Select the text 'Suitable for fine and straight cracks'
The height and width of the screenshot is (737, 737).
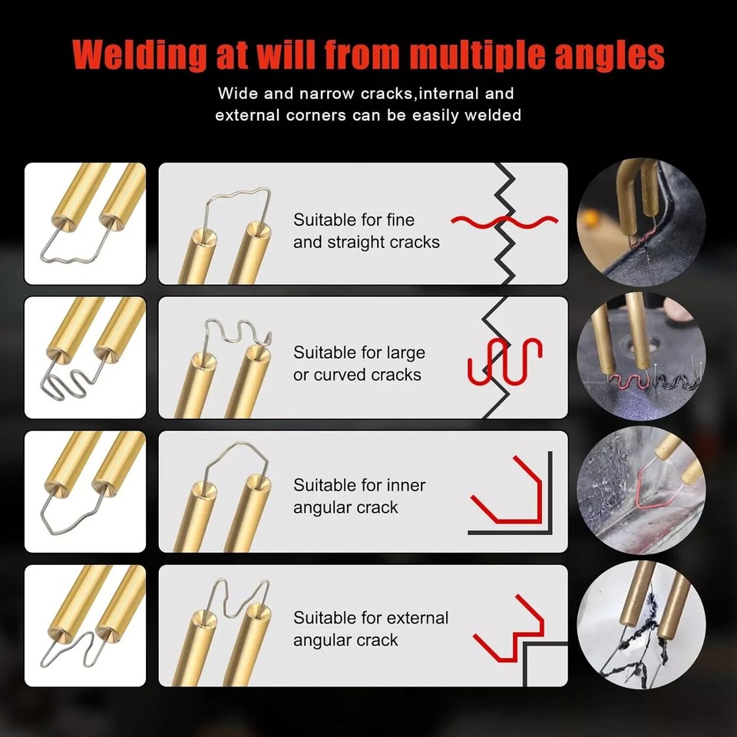click(x=366, y=231)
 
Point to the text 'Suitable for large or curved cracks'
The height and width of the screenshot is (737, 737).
click(x=359, y=364)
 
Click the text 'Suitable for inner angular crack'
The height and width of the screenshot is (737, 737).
click(x=359, y=496)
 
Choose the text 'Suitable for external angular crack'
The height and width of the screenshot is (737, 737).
click(x=371, y=629)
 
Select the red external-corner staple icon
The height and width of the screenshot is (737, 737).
click(x=507, y=627)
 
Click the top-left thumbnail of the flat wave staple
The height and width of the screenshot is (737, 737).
click(x=85, y=223)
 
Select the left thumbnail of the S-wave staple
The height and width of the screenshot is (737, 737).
click(x=85, y=357)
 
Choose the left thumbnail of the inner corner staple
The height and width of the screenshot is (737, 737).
click(x=85, y=491)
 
